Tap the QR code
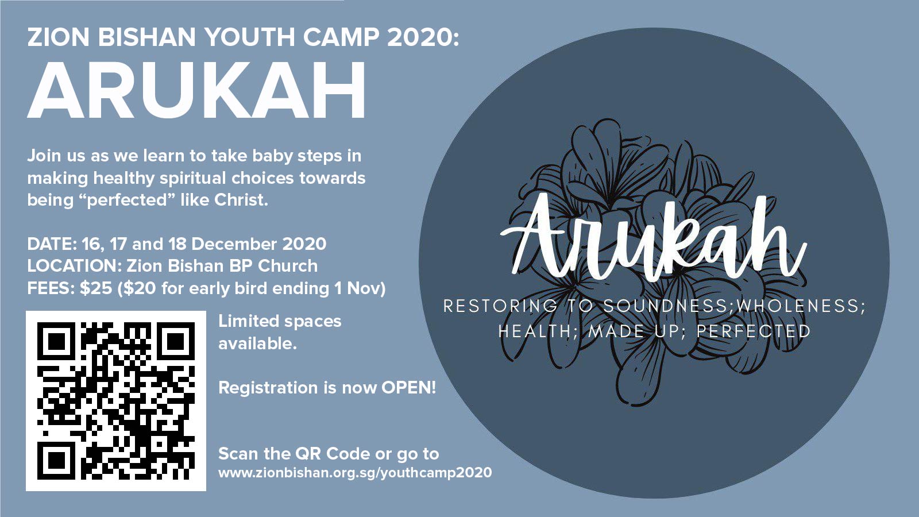coord(116,401)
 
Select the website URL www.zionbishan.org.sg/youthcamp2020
coord(355,473)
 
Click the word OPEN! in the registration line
coord(408,388)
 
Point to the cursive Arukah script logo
coord(653,237)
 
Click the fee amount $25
coord(96,288)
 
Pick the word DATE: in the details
coord(52,244)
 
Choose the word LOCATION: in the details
coord(74,266)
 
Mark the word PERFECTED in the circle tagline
coord(754,331)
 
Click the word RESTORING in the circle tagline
coord(500,306)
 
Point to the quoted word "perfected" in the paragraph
coord(128,200)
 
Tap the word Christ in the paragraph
coord(241,200)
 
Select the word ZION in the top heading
coord(58,37)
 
